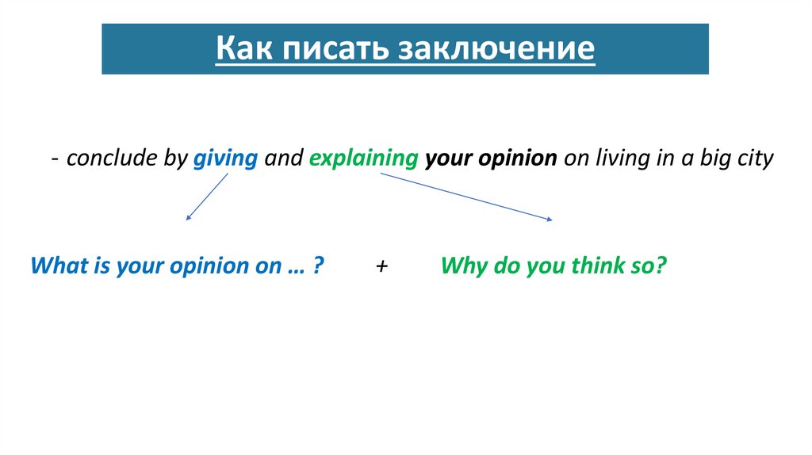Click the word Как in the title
coord(243,49)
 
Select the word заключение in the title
coord(496,49)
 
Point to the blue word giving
coord(226,159)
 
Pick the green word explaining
coord(363,159)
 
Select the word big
coord(715,159)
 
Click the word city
coord(755,159)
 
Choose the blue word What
coord(58,266)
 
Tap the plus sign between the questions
coord(382,266)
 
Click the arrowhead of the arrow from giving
coord(187,218)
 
